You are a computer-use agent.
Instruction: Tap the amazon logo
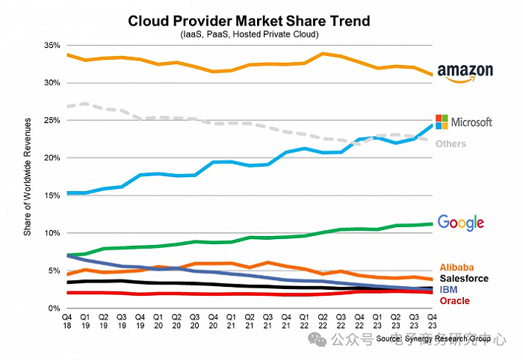[x=465, y=72]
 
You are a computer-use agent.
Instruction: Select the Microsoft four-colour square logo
[x=442, y=121]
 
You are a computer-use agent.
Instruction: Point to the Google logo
[x=461, y=222]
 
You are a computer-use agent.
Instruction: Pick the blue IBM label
[x=449, y=289]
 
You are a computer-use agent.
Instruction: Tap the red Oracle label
[x=454, y=300]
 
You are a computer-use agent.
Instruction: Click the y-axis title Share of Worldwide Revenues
[x=27, y=177]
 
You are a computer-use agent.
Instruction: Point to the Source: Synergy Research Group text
[x=433, y=339]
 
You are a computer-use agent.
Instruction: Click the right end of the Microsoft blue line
[x=431, y=124]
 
